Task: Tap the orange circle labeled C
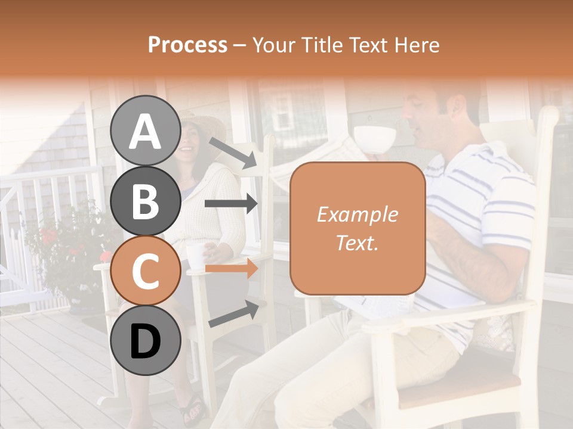(x=145, y=272)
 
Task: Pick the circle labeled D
(x=145, y=341)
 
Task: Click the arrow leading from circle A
(x=232, y=153)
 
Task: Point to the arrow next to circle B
(x=231, y=204)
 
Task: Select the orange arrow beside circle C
(x=231, y=269)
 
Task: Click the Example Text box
(x=358, y=229)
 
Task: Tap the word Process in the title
(x=187, y=45)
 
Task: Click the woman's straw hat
(x=203, y=122)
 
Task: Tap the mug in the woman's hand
(x=195, y=254)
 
